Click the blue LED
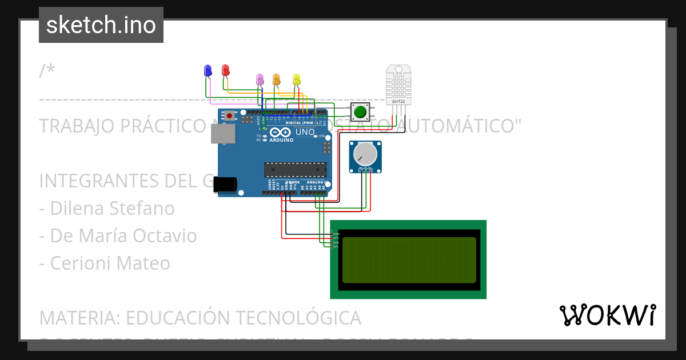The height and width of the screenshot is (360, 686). [208, 70]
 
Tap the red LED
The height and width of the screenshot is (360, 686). [225, 70]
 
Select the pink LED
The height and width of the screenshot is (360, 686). [260, 79]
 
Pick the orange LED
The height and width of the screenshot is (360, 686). [276, 79]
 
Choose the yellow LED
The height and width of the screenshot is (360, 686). [296, 79]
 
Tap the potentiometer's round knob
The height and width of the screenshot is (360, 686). [365, 154]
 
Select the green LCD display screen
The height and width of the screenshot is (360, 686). [408, 260]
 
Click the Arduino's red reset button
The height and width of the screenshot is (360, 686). [230, 115]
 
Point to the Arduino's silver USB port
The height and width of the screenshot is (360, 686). [222, 134]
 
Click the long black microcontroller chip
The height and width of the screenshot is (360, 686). [295, 170]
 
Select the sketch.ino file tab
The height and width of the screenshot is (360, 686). [101, 25]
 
